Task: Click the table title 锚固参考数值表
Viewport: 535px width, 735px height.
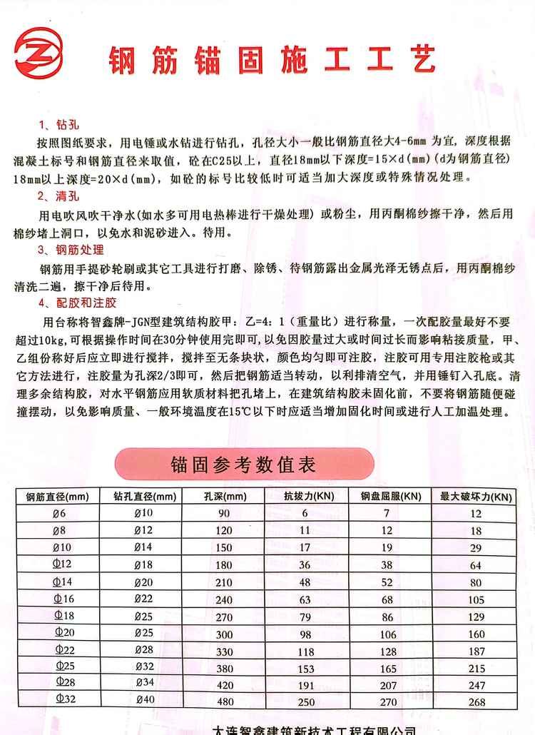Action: click(x=243, y=465)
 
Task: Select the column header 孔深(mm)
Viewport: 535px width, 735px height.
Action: click(x=223, y=497)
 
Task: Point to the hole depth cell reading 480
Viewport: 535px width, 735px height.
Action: click(x=225, y=701)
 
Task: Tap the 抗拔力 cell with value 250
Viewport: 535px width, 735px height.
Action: click(x=306, y=702)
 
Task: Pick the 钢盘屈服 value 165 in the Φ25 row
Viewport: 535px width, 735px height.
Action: click(x=387, y=668)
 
